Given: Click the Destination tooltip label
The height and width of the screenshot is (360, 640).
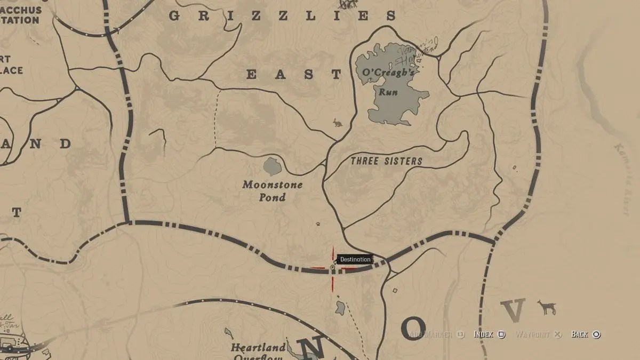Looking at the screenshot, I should pos(355,260).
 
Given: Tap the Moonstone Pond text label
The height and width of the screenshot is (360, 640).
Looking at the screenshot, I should pos(272,191).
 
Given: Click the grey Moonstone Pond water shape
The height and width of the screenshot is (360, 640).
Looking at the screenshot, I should pos(273,167).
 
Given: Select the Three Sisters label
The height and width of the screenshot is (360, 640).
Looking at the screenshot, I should pos(386,161).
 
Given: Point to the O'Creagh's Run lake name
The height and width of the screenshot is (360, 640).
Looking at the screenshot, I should pos(388,82).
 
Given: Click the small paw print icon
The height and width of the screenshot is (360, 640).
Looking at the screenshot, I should pos(319,224).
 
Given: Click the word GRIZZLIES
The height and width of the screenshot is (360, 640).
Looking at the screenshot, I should pos(283,16).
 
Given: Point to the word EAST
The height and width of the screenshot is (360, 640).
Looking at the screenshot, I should pos(293,75).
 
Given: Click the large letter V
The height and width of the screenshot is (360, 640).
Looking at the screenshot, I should pos(513,311).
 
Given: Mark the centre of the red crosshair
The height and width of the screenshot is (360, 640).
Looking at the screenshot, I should pos(333,268).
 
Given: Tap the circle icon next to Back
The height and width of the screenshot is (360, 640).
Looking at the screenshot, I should pos(597,334).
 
